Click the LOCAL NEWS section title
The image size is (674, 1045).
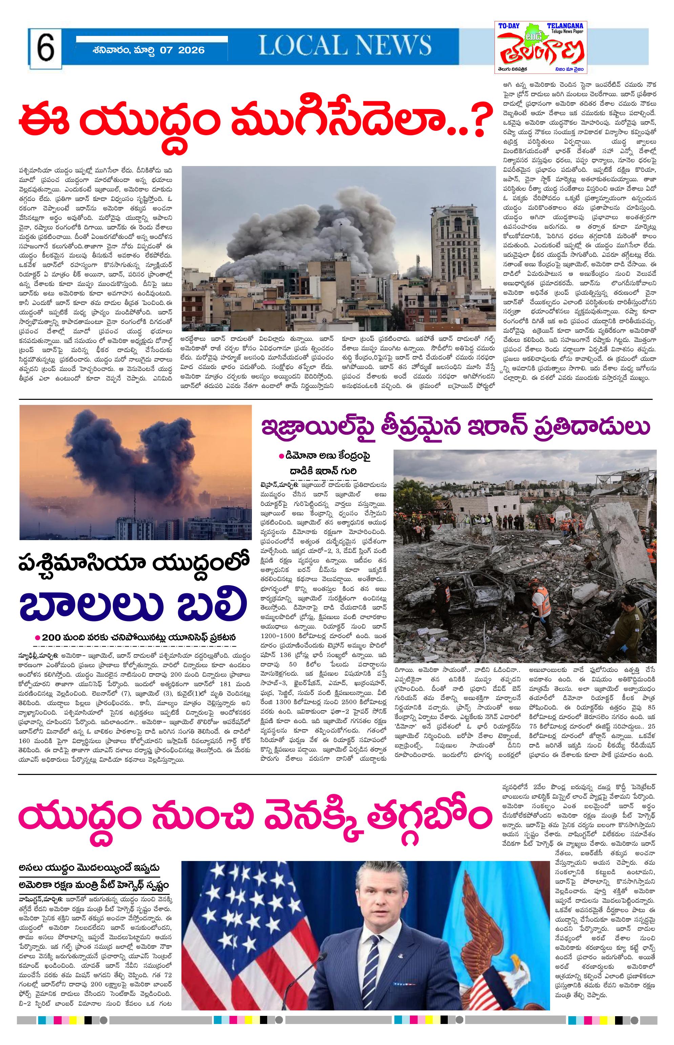pyautogui.click(x=345, y=45)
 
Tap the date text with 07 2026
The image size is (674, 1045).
pyautogui.click(x=149, y=50)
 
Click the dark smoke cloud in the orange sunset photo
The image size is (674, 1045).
pyautogui.click(x=144, y=455)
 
